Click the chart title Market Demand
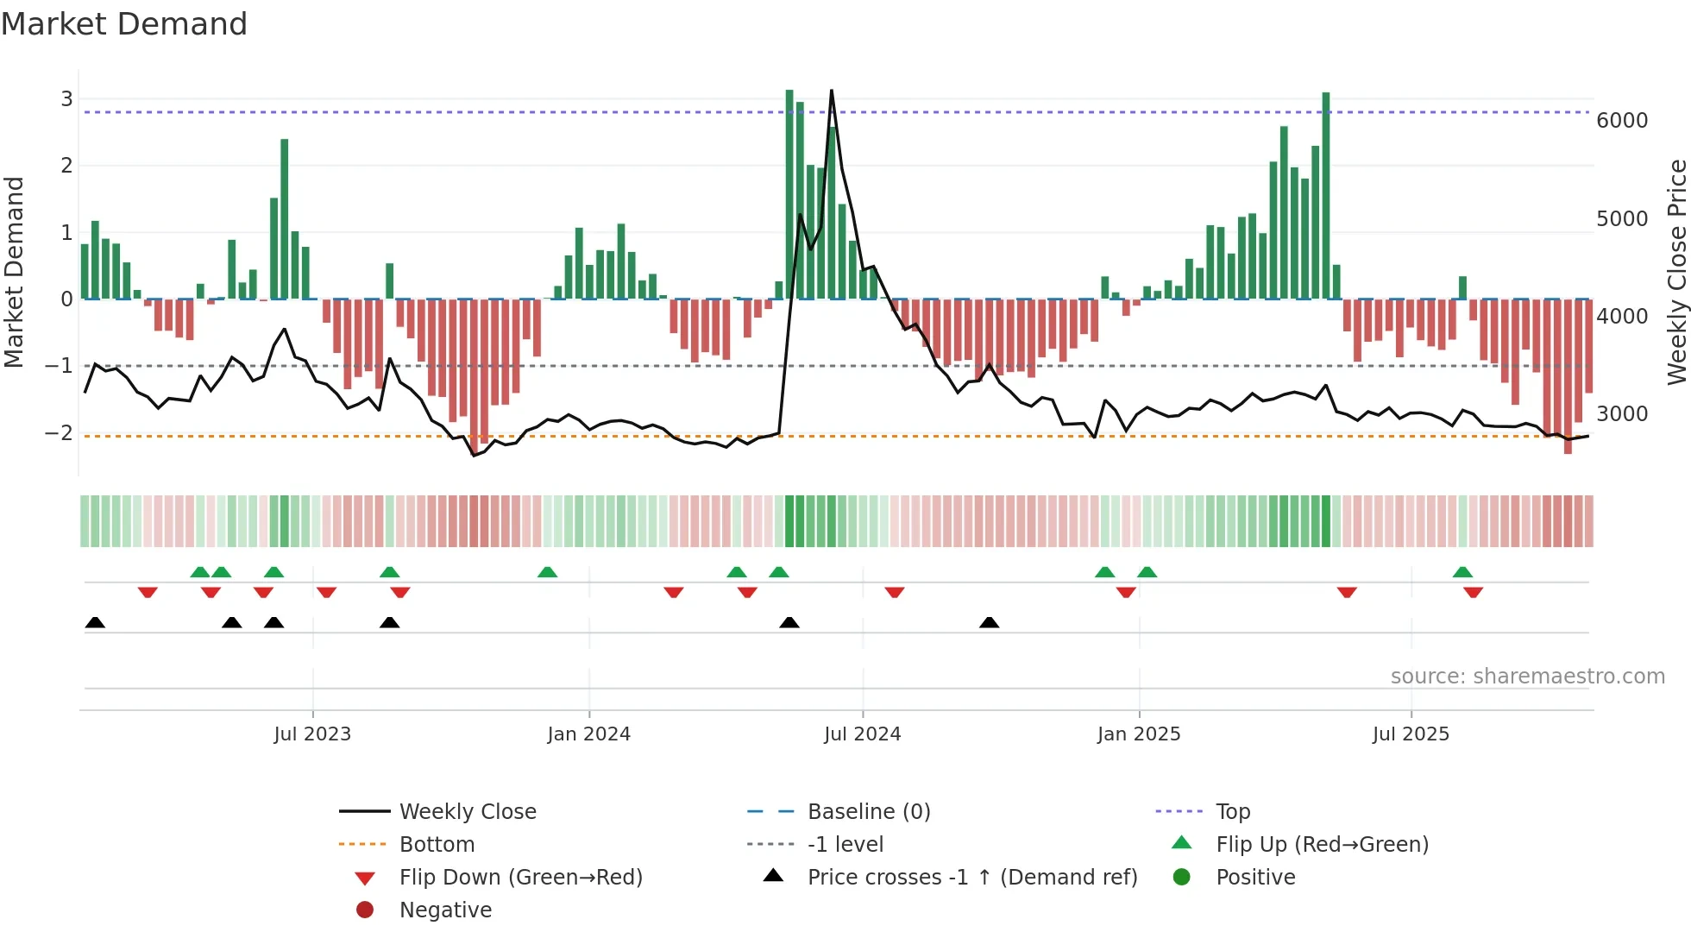pyautogui.click(x=124, y=24)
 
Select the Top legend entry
pyautogui.click(x=1232, y=811)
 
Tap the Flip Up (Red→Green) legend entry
pyautogui.click(x=1322, y=844)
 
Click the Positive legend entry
pyautogui.click(x=1255, y=877)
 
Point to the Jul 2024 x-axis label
pyautogui.click(x=862, y=734)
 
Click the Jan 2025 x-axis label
pyautogui.click(x=1138, y=734)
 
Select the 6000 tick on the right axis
pyautogui.click(x=1621, y=121)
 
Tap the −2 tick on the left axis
pyautogui.click(x=60, y=433)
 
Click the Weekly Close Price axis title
pyautogui.click(x=1676, y=272)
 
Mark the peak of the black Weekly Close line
pyautogui.click(x=831, y=91)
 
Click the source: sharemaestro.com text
pyautogui.click(x=1527, y=677)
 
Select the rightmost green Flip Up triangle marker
pyautogui.click(x=1462, y=572)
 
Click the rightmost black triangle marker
pyautogui.click(x=990, y=622)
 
